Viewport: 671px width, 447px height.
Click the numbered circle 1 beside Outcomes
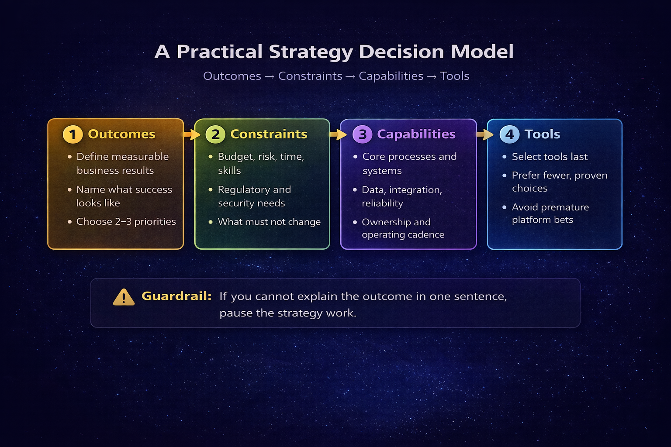tap(73, 134)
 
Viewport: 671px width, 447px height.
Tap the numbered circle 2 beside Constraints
tap(215, 134)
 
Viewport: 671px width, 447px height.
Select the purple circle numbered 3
tap(362, 134)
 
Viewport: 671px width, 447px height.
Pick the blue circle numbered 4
tap(509, 134)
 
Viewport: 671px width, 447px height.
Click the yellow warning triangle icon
tap(124, 297)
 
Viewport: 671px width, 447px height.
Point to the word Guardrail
tap(176, 296)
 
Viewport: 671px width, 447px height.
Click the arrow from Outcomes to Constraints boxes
tap(190, 134)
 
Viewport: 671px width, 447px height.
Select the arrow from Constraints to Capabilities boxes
tap(337, 134)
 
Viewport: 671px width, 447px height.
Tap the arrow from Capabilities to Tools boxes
tap(484, 134)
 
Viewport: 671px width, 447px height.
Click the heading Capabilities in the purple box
tap(416, 134)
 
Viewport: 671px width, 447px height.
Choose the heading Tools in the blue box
tap(542, 134)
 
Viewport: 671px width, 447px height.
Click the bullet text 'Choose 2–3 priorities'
tap(126, 222)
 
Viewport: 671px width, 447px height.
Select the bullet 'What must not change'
tap(269, 222)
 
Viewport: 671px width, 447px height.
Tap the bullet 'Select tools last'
tap(550, 157)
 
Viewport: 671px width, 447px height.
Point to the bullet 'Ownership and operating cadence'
tap(402, 228)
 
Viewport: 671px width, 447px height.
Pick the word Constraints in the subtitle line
tap(310, 76)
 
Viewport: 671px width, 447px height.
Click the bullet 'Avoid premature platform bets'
tap(550, 213)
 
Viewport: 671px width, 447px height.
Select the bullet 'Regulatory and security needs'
tap(254, 196)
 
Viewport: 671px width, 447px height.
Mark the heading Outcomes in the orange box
tap(121, 134)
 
